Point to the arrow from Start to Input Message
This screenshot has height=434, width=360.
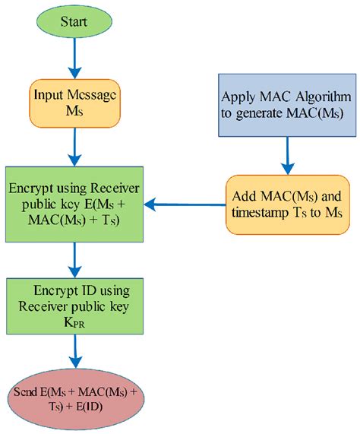[x=74, y=58]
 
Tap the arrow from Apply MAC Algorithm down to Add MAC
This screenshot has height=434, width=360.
[x=287, y=155]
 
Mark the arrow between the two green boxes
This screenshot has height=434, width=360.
[x=74, y=259]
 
